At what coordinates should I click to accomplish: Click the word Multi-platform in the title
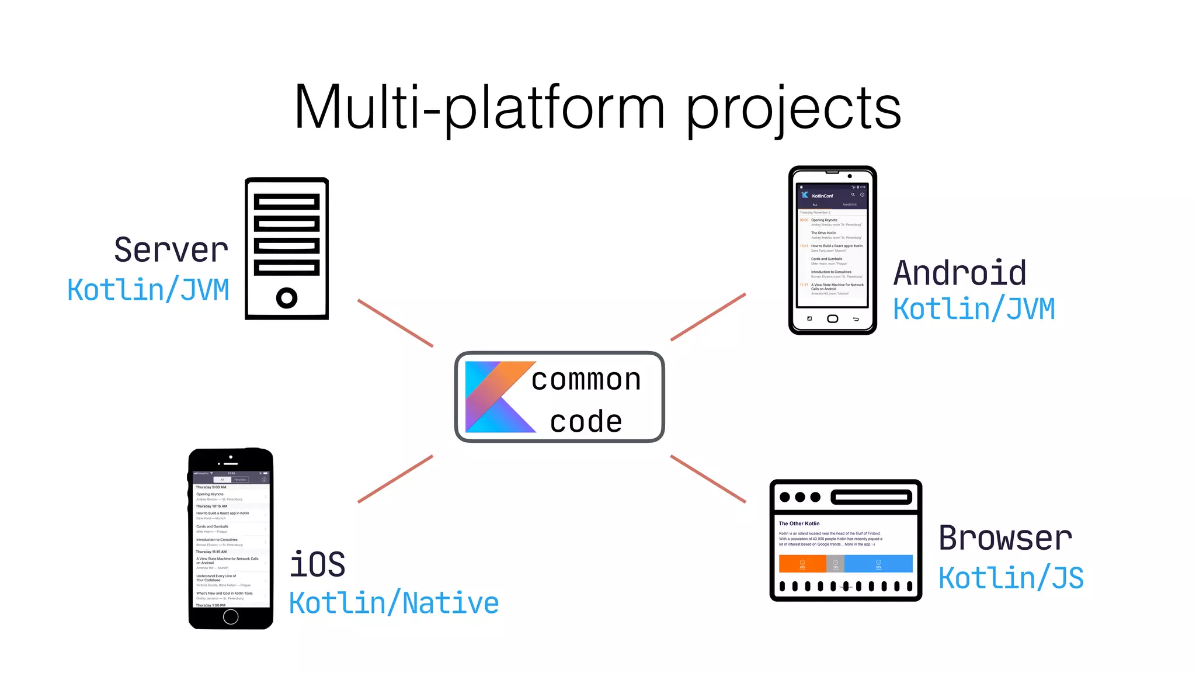pyautogui.click(x=479, y=108)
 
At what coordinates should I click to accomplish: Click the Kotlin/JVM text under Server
pyautogui.click(x=148, y=290)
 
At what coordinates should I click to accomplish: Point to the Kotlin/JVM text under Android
pyautogui.click(x=974, y=309)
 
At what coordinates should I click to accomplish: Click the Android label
pyautogui.click(x=959, y=273)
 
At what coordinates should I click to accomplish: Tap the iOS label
pyautogui.click(x=317, y=564)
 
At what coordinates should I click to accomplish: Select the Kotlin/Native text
pyautogui.click(x=394, y=603)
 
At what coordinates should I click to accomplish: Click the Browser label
pyautogui.click(x=1005, y=538)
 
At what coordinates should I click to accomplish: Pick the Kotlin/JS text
pyautogui.click(x=1011, y=578)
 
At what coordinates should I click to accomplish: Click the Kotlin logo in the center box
pyautogui.click(x=496, y=397)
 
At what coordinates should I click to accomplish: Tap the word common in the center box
pyautogui.click(x=586, y=380)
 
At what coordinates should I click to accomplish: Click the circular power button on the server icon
pyautogui.click(x=287, y=298)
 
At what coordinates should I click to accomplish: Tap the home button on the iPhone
pyautogui.click(x=231, y=616)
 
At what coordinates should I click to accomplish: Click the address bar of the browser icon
pyautogui.click(x=871, y=497)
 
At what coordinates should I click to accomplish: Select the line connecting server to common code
pyautogui.click(x=395, y=323)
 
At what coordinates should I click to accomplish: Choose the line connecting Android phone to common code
pyautogui.click(x=708, y=317)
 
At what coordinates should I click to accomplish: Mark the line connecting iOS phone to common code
pyautogui.click(x=395, y=478)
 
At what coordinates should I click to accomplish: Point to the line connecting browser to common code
pyautogui.click(x=708, y=478)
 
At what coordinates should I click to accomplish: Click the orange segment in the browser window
pyautogui.click(x=802, y=564)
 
